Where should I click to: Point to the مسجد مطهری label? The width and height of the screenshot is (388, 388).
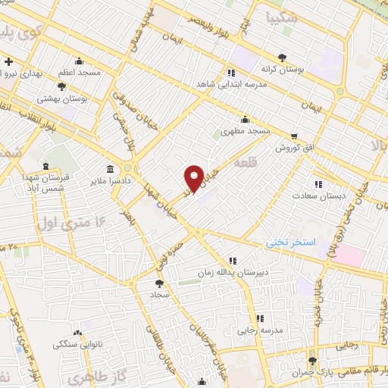pos(246,130)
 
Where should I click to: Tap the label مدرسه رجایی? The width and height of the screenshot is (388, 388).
pos(259,329)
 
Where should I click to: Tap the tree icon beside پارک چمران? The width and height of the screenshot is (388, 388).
pos(311,361)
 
